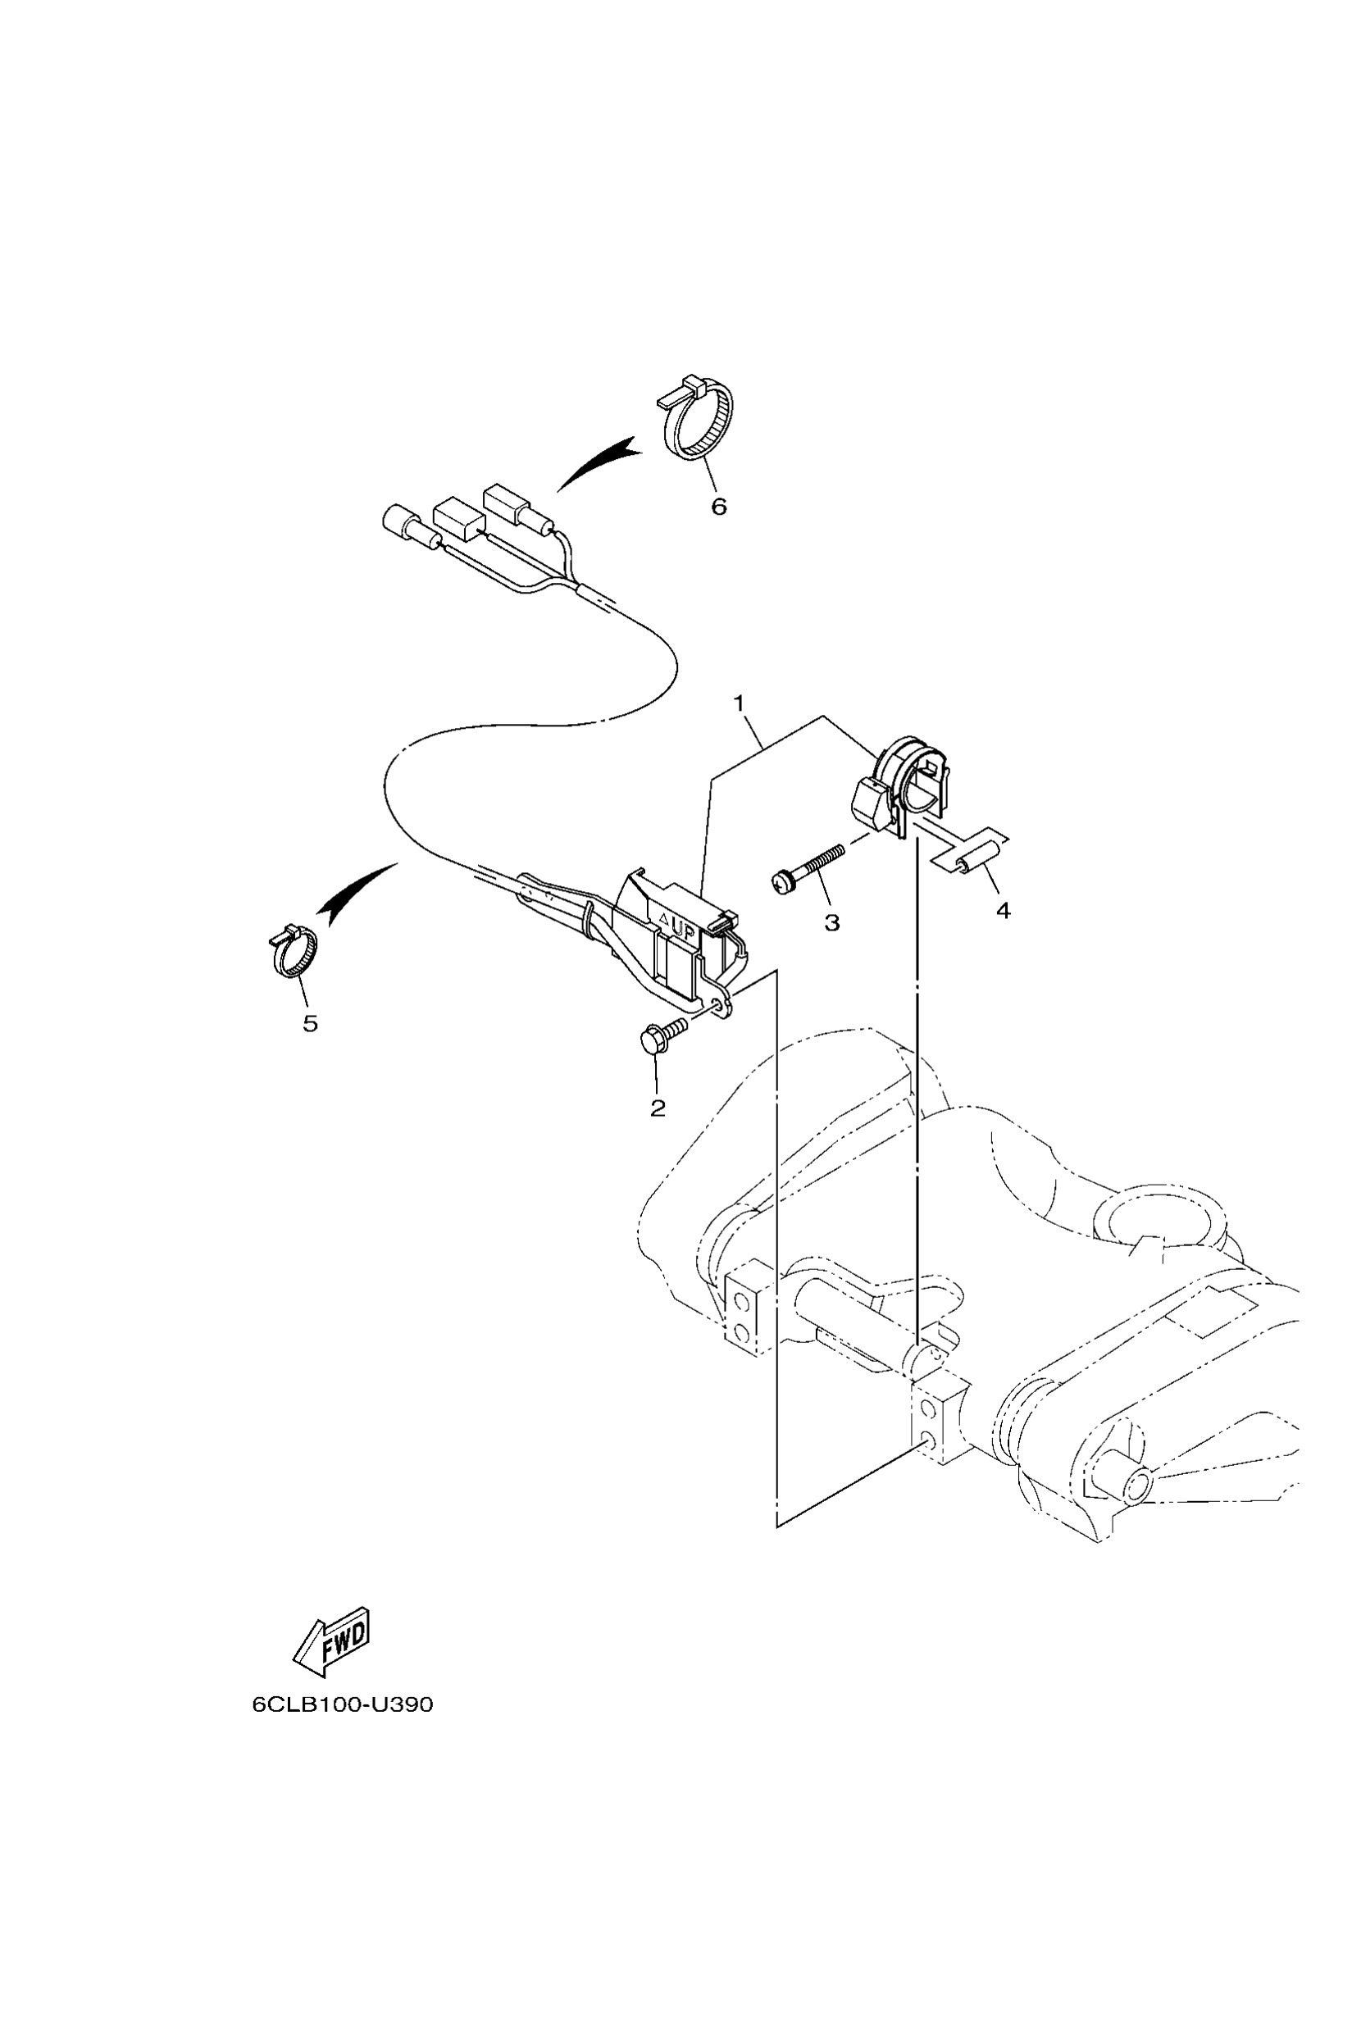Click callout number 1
738,703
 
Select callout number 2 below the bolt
658,1108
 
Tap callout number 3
832,922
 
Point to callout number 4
1003,910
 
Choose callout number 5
311,1023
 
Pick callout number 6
719,506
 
